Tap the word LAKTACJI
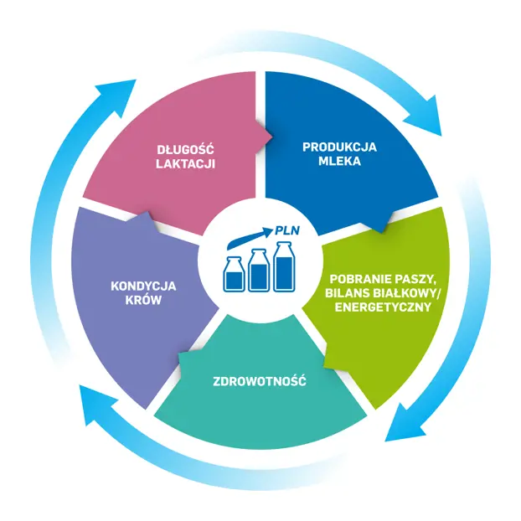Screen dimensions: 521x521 (x=185, y=164)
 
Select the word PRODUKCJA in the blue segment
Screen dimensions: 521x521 (x=339, y=147)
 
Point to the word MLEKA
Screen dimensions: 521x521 (x=339, y=161)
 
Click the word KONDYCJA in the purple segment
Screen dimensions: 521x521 (x=143, y=286)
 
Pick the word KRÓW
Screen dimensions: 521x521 (x=143, y=299)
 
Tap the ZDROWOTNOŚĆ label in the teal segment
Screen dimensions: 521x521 (x=260, y=380)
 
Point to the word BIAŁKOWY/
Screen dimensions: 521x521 (x=408, y=293)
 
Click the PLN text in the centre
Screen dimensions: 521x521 (x=287, y=230)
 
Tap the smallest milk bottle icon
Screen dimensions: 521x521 (x=235, y=274)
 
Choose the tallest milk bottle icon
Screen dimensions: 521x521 (x=285, y=266)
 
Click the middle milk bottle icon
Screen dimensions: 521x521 (x=259, y=271)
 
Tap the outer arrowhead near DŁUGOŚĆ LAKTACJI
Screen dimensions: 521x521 (x=115, y=97)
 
